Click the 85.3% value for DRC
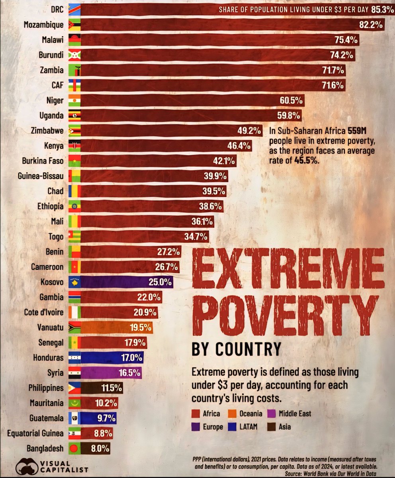click(381, 9)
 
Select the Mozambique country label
click(43, 25)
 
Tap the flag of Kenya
click(74, 146)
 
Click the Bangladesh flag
click(74, 449)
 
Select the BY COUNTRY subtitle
click(237, 349)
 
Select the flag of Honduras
click(74, 358)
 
